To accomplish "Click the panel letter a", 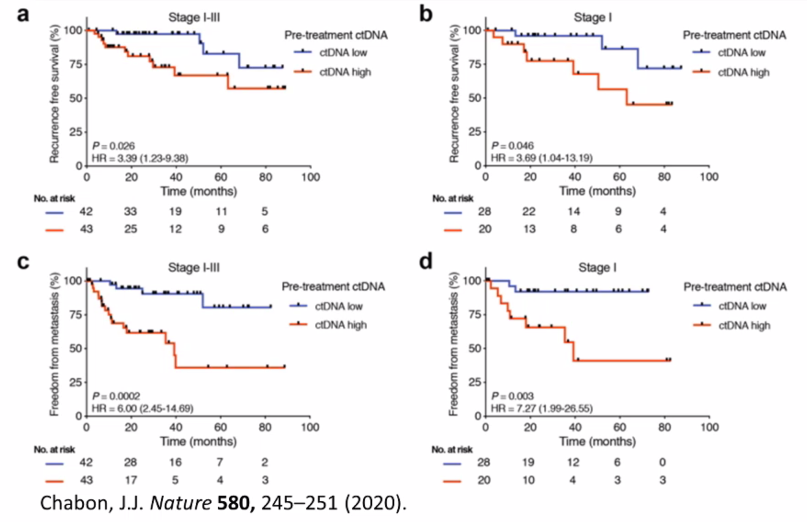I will tap(23, 14).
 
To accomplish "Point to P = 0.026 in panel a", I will tap(113, 146).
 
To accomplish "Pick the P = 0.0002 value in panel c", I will tap(115, 395).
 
